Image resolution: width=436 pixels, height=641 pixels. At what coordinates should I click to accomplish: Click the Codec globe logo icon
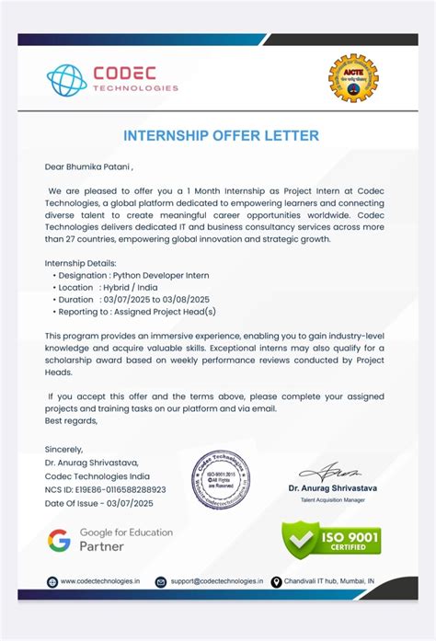66,80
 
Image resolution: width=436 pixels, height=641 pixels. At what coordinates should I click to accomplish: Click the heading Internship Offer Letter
222,136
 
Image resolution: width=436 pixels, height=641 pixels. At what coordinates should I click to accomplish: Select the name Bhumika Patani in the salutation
98,167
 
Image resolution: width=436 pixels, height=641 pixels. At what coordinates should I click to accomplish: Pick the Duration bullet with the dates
134,299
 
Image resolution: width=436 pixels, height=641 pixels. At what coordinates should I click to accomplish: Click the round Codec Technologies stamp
220,481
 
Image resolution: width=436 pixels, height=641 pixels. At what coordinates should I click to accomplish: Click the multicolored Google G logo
60,540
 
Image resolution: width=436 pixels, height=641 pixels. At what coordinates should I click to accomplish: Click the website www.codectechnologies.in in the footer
100,581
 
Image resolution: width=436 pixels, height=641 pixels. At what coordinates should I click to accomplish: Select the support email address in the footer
216,581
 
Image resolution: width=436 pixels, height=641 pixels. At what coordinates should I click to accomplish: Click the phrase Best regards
71,419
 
